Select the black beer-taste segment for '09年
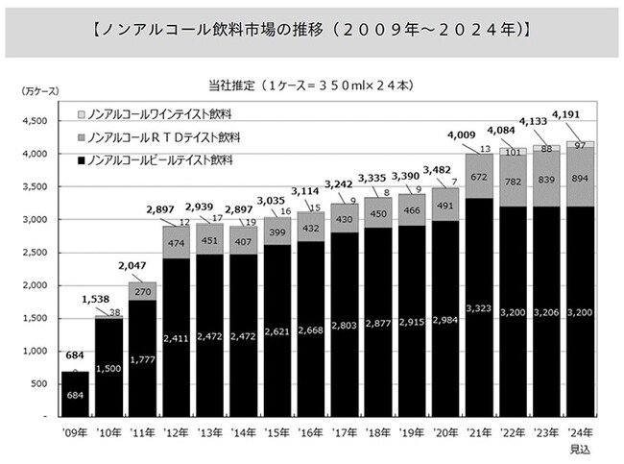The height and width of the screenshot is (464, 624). coord(74,394)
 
